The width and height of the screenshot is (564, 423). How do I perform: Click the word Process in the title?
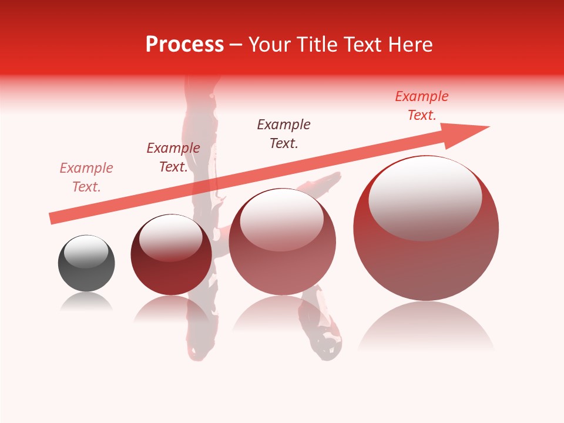(x=184, y=45)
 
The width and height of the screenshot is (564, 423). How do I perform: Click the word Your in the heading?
(x=270, y=45)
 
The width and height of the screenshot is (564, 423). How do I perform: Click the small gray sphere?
(x=86, y=264)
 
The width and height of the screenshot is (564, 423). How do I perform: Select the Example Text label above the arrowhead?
(x=422, y=106)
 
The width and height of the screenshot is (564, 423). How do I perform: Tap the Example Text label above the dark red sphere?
(x=173, y=157)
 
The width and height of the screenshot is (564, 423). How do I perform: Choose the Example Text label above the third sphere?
(x=284, y=134)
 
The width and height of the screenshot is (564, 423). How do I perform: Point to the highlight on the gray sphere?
(x=86, y=251)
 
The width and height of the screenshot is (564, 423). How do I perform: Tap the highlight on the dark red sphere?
(x=170, y=237)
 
